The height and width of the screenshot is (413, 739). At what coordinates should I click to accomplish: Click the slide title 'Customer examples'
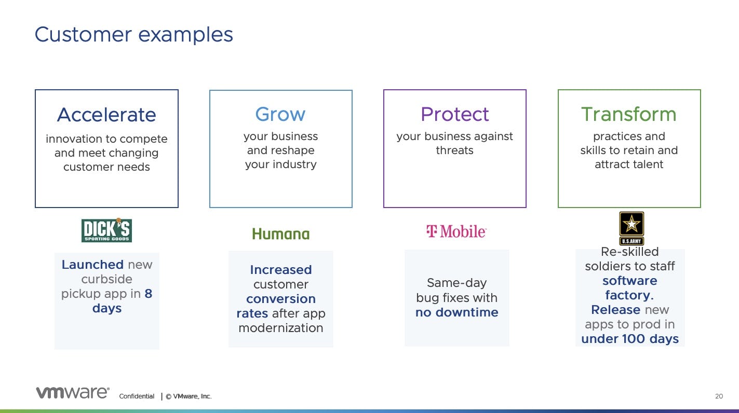click(x=134, y=34)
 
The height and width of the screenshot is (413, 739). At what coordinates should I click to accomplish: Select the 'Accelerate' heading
click(x=106, y=114)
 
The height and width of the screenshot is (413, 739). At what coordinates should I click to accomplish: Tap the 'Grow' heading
click(x=280, y=114)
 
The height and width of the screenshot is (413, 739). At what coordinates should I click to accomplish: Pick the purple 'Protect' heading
click(x=454, y=114)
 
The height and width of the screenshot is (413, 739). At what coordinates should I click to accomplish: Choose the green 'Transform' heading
click(x=629, y=114)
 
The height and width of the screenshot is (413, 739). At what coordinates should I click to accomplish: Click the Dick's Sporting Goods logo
click(x=106, y=230)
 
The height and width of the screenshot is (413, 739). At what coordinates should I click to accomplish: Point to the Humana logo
click(x=281, y=233)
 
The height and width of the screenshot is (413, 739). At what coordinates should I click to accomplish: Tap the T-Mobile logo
click(x=456, y=231)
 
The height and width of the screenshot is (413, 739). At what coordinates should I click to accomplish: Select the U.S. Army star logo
click(x=631, y=228)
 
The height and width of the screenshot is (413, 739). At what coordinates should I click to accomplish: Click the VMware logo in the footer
click(x=73, y=392)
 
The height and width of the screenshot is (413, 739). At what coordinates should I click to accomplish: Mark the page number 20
click(x=719, y=396)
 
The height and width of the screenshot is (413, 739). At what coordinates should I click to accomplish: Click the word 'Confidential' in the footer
click(x=137, y=396)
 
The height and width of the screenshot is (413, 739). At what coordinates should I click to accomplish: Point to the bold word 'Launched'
click(x=93, y=264)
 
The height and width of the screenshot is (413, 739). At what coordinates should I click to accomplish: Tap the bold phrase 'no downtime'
click(x=457, y=312)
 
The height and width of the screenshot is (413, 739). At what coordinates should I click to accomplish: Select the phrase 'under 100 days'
click(x=630, y=339)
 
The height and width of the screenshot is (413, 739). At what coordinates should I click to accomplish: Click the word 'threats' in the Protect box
click(x=454, y=150)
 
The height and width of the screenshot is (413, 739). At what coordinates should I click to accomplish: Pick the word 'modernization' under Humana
click(x=281, y=328)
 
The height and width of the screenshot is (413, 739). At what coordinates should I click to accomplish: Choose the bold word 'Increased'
click(x=281, y=270)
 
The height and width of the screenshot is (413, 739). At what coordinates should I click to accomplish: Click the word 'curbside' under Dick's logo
click(x=106, y=279)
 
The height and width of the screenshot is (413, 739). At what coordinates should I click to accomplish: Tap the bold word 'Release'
click(x=615, y=310)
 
